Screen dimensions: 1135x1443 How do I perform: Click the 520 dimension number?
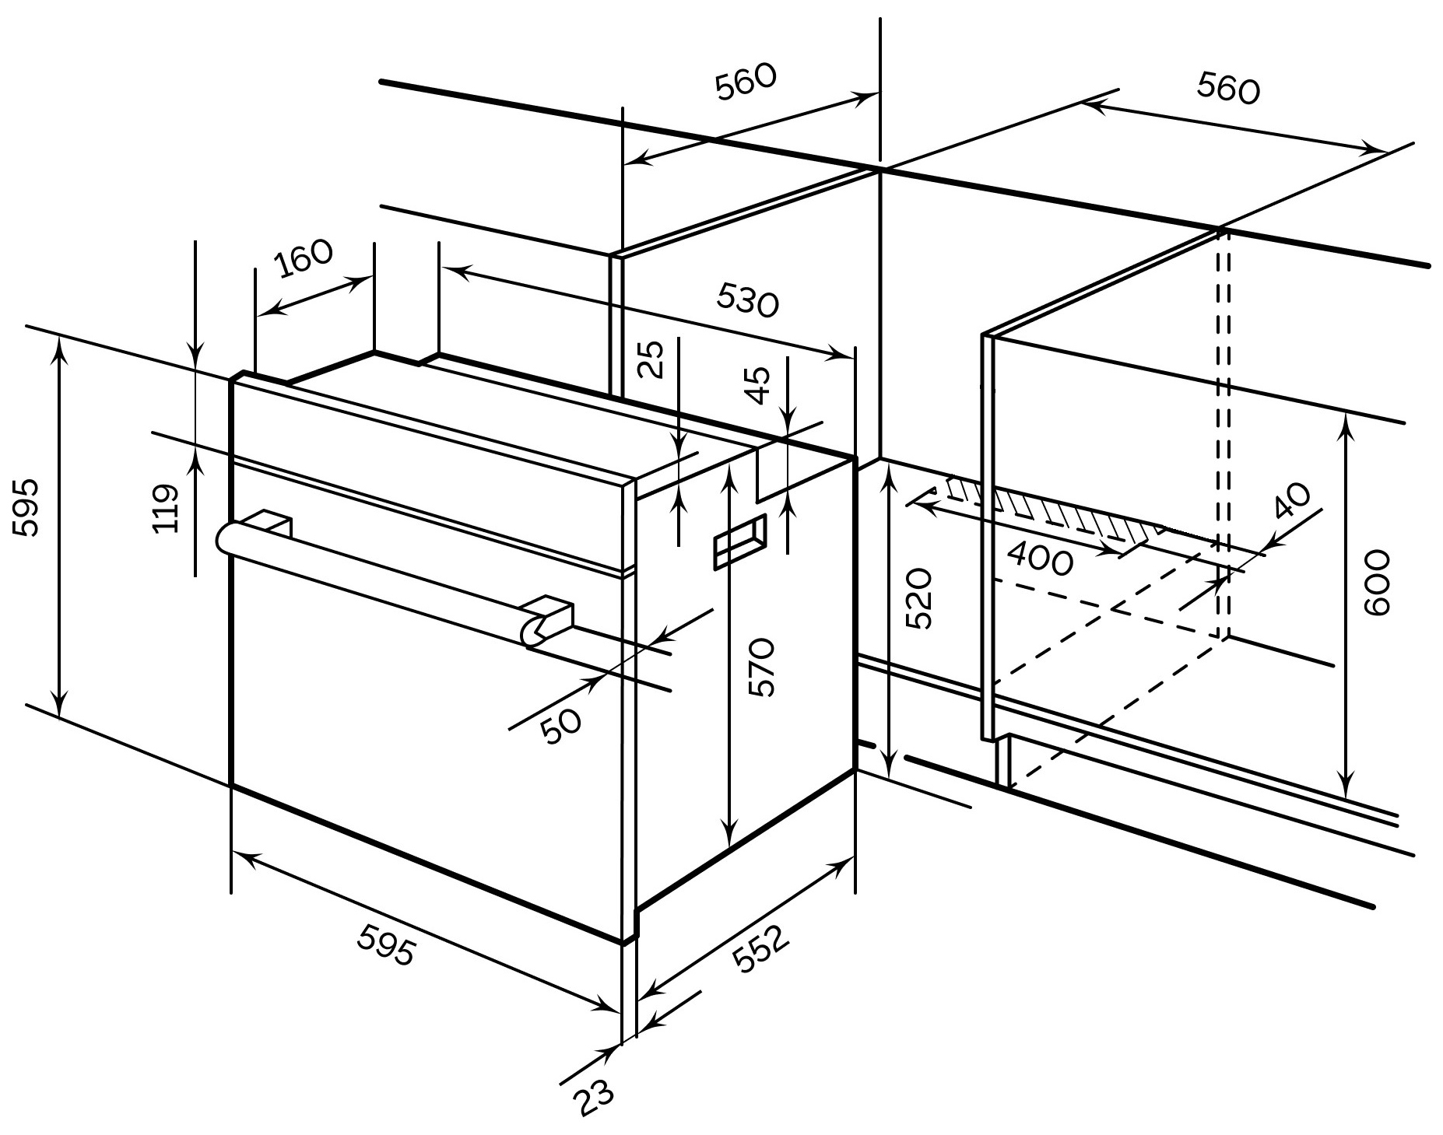tap(919, 598)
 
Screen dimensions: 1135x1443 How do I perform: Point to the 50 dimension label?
tap(561, 727)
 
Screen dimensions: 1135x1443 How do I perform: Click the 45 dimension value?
tap(758, 384)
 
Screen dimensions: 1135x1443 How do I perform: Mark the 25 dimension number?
tap(654, 359)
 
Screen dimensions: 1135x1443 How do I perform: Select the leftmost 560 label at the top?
tap(746, 82)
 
